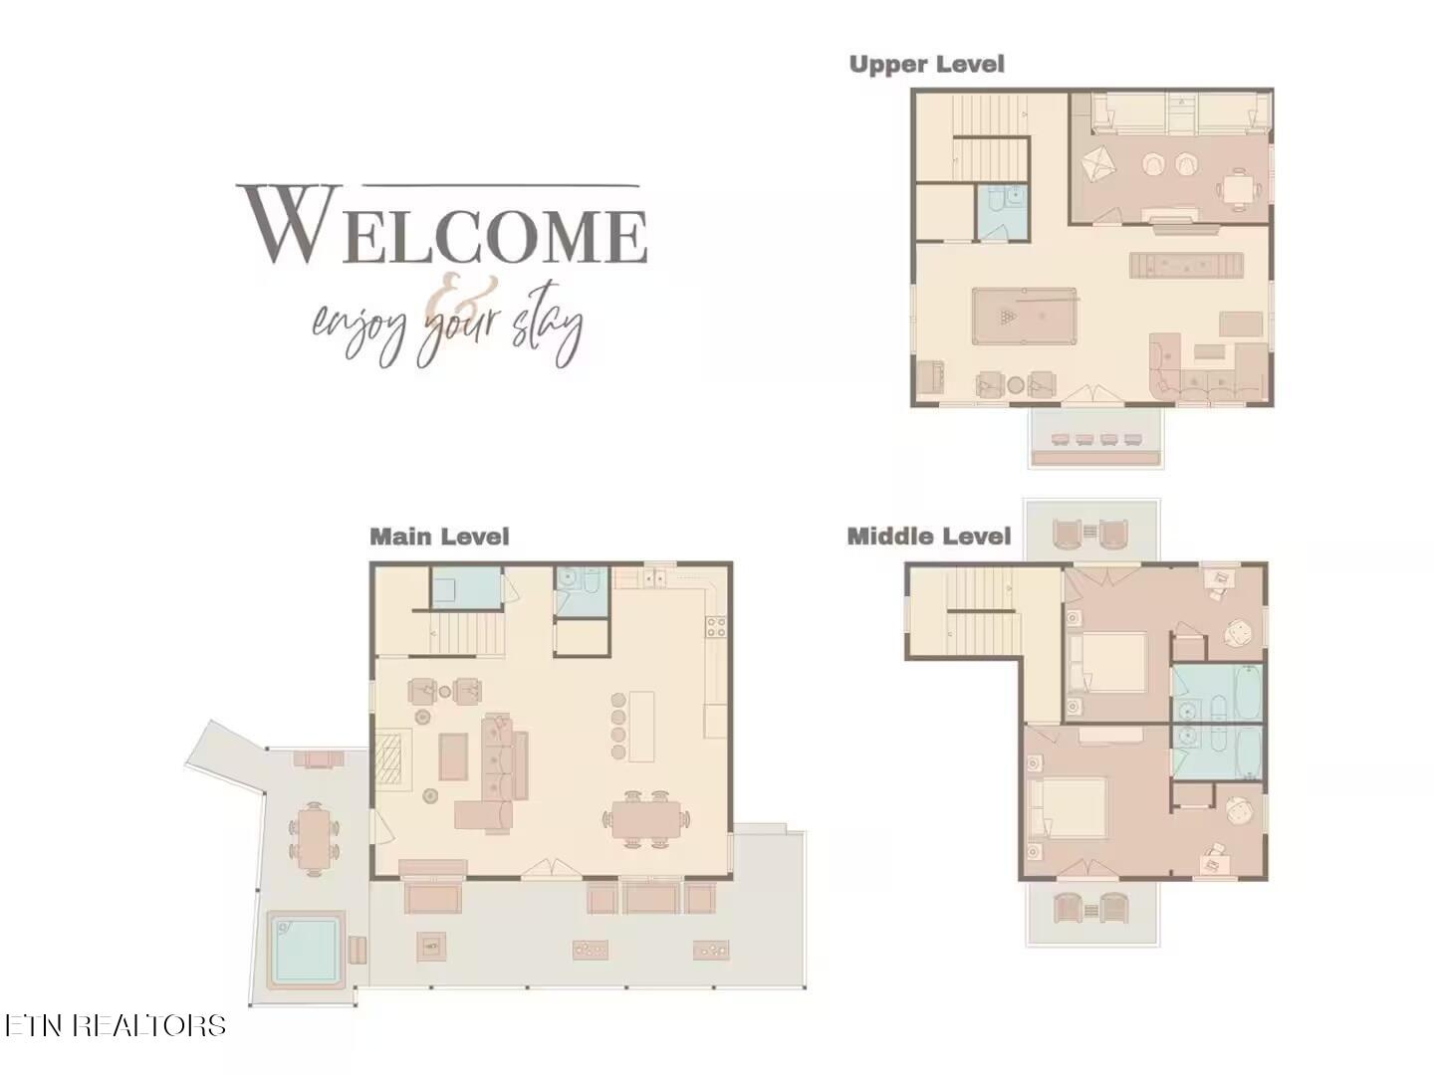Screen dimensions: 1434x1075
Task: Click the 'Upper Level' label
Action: click(x=926, y=65)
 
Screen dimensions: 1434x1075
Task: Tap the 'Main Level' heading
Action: click(x=439, y=537)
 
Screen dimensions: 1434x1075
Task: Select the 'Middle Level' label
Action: click(x=928, y=537)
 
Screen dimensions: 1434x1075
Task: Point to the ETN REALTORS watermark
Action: click(x=115, y=1025)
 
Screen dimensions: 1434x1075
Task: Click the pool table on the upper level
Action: click(x=1024, y=317)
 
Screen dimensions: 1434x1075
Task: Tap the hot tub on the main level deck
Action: click(x=306, y=950)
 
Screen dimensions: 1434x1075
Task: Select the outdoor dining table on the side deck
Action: click(x=315, y=839)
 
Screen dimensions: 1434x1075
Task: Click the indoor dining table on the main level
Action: click(x=646, y=818)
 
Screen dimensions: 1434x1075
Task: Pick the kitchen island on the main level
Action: click(x=641, y=727)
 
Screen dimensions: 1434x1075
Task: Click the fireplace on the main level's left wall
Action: click(x=392, y=759)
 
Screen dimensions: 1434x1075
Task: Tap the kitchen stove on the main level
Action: click(x=715, y=627)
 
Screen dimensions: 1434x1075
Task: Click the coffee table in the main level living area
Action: click(x=453, y=756)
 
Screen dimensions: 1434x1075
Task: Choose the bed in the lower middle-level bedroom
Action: click(x=1068, y=807)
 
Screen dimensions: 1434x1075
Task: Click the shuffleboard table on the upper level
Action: click(x=1186, y=265)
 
